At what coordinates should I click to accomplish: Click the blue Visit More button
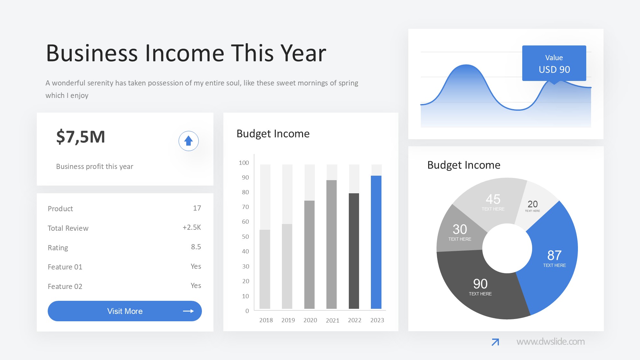[x=125, y=311]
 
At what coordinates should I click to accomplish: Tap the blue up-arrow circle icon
[x=188, y=141]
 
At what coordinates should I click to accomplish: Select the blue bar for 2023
[x=376, y=242]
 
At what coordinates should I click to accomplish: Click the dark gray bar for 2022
[x=354, y=251]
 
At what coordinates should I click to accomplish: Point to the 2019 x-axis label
[x=288, y=320]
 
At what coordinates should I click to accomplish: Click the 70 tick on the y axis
[x=245, y=207]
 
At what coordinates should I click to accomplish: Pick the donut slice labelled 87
[x=550, y=256]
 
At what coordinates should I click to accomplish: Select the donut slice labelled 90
[x=480, y=288]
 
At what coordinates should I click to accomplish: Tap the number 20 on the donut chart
[x=533, y=204]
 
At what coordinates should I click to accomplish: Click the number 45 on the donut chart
[x=493, y=199]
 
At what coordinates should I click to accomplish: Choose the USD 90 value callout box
[x=554, y=63]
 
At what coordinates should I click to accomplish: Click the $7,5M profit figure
[x=81, y=137]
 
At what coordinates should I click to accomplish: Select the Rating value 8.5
[x=196, y=247]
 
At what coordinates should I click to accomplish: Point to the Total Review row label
[x=68, y=228]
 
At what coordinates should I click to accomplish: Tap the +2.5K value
[x=192, y=227]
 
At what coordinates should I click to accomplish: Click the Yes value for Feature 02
[x=196, y=285]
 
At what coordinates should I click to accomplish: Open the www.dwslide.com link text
[x=550, y=341]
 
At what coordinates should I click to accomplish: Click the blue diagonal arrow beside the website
[x=495, y=342]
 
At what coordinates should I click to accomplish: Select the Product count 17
[x=197, y=208]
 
